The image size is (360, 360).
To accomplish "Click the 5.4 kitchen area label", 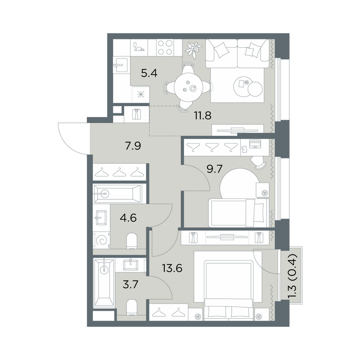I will tap(148, 73).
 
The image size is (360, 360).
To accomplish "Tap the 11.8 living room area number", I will tap(202, 116).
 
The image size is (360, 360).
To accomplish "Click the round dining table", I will tap(189, 87).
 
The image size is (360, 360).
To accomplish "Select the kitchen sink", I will tap(120, 66).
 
